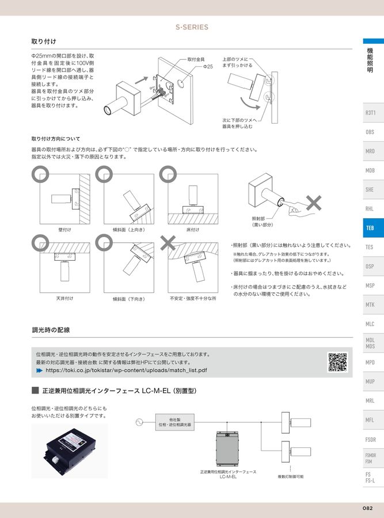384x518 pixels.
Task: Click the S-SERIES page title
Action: click(x=192, y=27)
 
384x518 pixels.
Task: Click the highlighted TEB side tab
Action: click(x=370, y=228)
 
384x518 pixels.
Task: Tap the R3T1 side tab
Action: click(x=370, y=113)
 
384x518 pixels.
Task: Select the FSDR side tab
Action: click(x=370, y=439)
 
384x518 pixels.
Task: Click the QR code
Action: click(x=337, y=362)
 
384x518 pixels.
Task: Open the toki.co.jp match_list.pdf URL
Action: click(x=130, y=371)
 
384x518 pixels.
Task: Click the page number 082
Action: click(x=368, y=508)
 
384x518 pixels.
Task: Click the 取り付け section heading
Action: click(x=44, y=42)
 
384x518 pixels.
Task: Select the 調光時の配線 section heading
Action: click(x=51, y=330)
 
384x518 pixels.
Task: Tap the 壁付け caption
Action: click(x=64, y=229)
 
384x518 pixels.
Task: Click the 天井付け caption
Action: click(x=64, y=298)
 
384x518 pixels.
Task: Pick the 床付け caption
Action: click(x=192, y=229)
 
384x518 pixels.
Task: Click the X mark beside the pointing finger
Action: click(x=314, y=202)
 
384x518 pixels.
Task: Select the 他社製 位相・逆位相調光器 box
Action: click(x=174, y=422)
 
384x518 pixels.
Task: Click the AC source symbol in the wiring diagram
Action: click(x=138, y=422)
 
